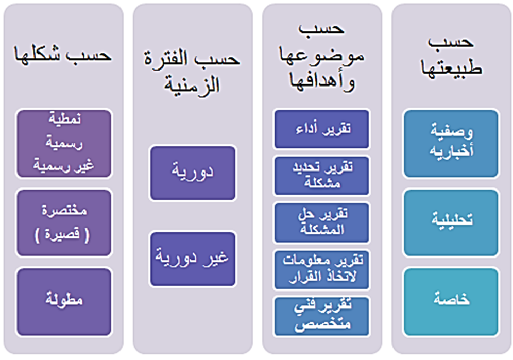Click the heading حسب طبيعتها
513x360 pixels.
coord(451,57)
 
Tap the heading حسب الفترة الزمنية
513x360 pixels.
coord(192,72)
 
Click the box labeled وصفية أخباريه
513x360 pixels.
coord(451,144)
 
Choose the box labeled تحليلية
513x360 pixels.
coord(451,222)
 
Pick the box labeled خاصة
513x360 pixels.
coord(451,302)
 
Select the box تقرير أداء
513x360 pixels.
coord(321,129)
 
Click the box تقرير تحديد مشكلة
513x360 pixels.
coord(321,176)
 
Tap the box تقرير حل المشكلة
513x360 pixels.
coord(321,222)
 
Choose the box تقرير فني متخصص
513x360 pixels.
coord(321,316)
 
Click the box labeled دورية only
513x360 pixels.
coord(193,173)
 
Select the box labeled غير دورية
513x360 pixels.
coord(193,259)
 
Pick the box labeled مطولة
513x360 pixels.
coord(64,302)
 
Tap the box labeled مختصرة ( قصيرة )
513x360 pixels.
coord(64,222)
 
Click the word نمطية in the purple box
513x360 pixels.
coord(65,118)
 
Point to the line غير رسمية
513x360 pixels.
coord(63,165)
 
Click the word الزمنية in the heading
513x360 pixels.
coord(192,84)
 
